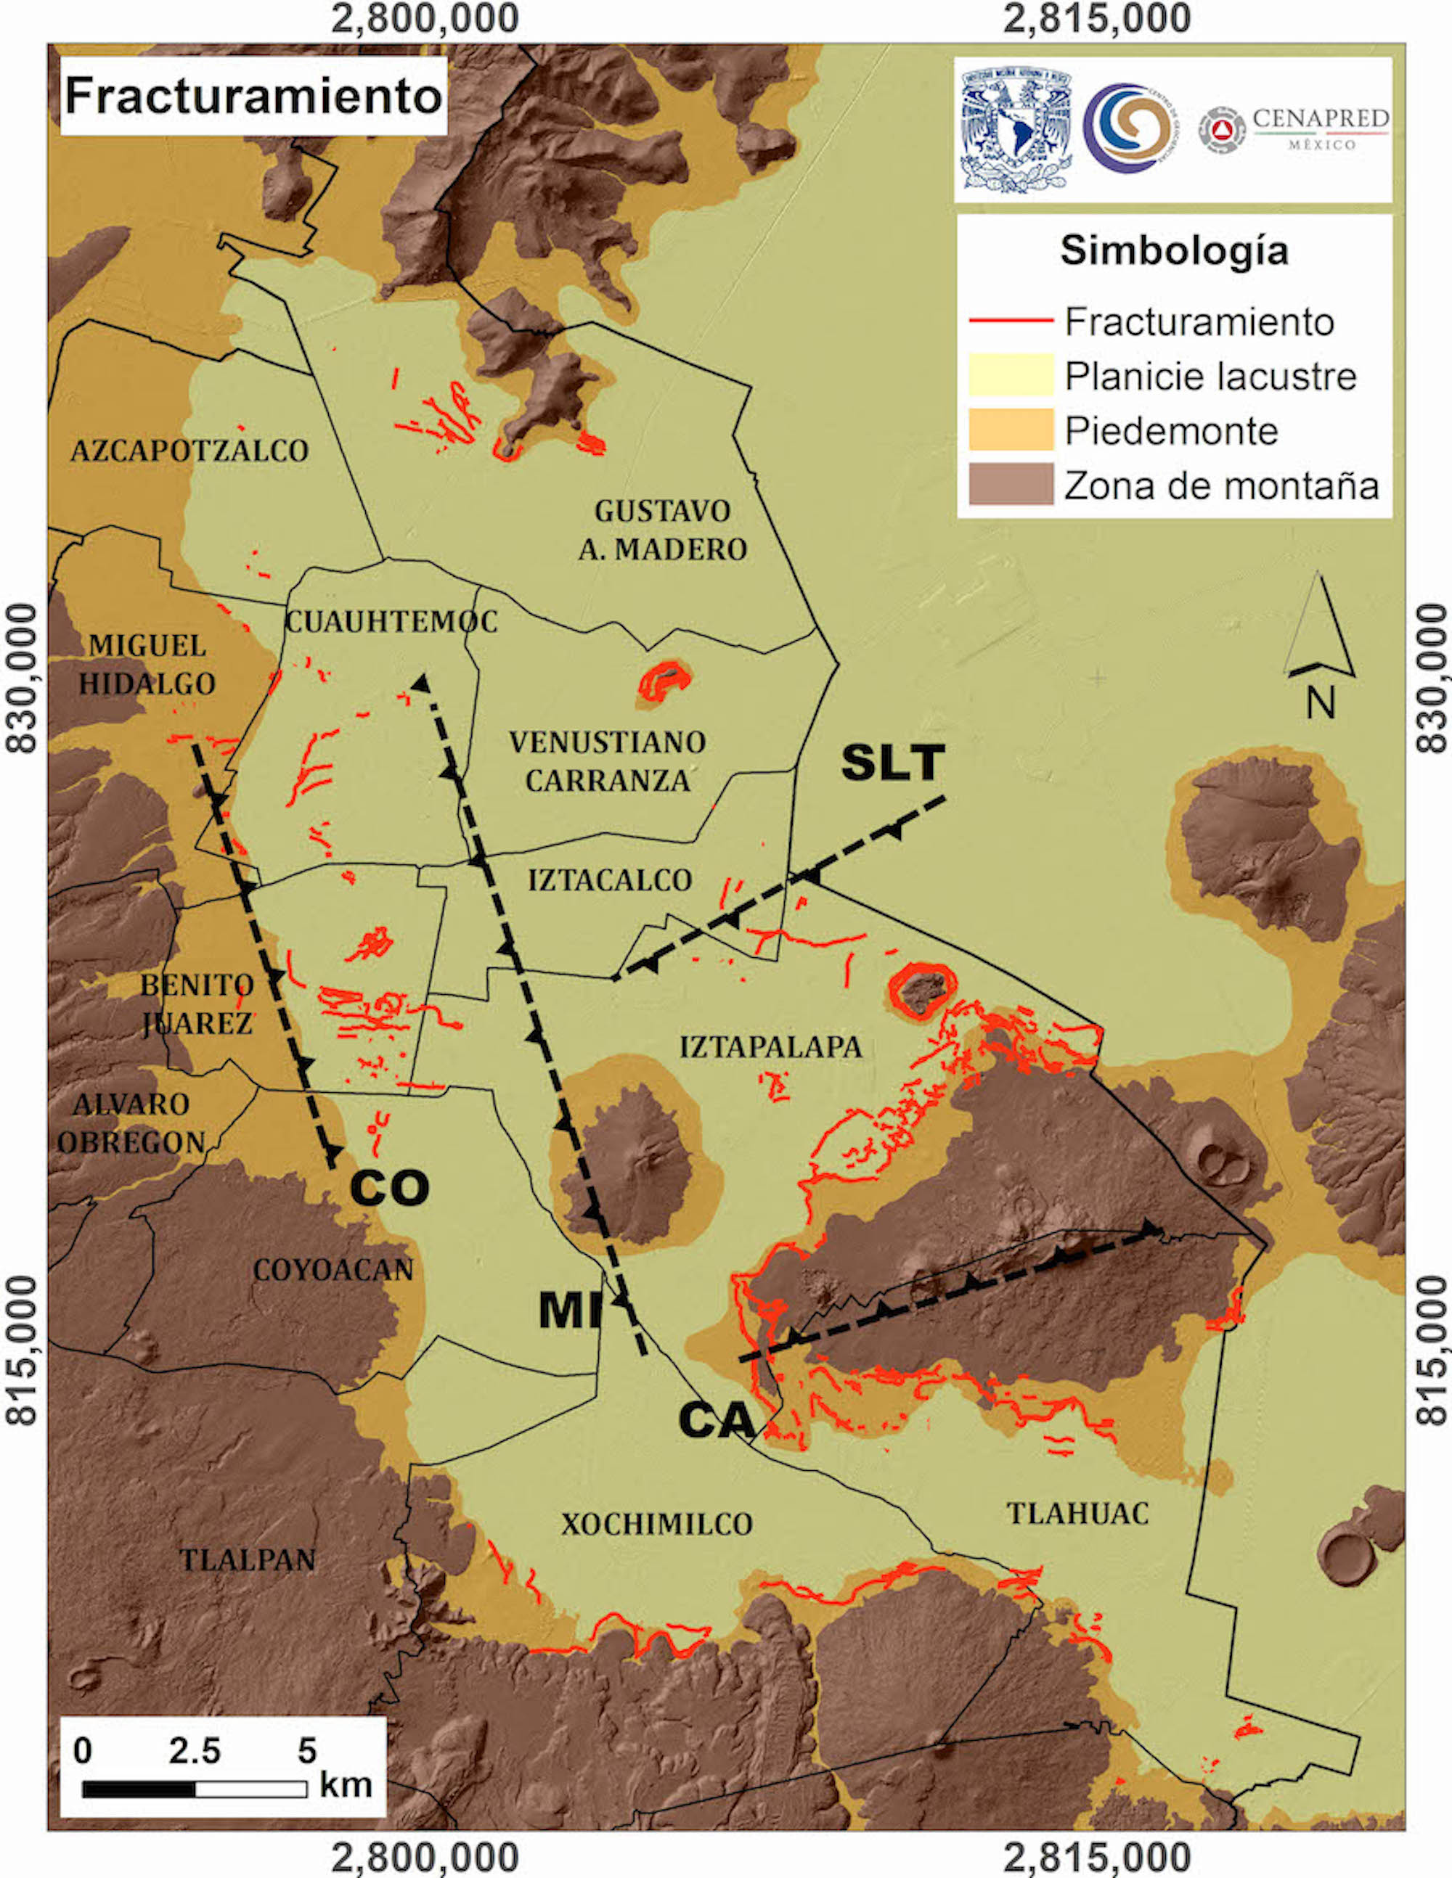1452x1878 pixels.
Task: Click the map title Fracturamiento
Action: [x=253, y=96]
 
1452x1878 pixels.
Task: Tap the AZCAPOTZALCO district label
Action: [x=189, y=451]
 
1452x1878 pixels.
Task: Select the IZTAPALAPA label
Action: [x=771, y=1047]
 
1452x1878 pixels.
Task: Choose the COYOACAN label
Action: [x=333, y=1270]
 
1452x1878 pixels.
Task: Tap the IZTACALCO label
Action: [x=610, y=880]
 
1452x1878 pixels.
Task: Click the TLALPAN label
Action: [x=247, y=1560]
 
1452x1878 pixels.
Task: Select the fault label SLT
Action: [x=893, y=763]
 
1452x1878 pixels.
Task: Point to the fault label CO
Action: [x=390, y=1189]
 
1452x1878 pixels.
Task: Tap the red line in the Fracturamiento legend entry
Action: [x=1011, y=321]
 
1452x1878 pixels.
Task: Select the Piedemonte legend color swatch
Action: [x=1011, y=430]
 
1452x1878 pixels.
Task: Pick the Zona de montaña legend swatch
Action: [x=1011, y=484]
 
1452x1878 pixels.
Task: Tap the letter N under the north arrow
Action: [x=1321, y=703]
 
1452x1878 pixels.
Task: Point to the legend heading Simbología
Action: [x=1174, y=251]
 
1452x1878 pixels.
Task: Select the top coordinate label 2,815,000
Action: [x=1097, y=19]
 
